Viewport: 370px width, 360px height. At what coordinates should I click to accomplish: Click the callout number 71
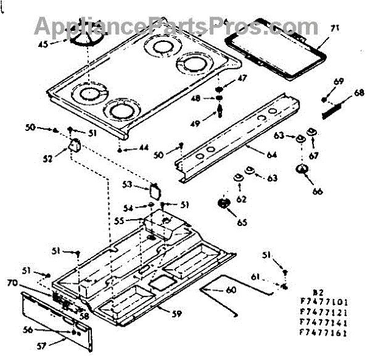(335, 28)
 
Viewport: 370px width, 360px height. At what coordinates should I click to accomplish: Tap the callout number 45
(43, 44)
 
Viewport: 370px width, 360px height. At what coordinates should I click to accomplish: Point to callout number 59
(176, 314)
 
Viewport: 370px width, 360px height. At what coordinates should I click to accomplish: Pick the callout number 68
(359, 93)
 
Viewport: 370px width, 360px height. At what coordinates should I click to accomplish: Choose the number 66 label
(318, 191)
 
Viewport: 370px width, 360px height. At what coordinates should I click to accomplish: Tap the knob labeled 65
(224, 203)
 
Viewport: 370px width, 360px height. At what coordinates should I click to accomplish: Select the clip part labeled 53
(155, 190)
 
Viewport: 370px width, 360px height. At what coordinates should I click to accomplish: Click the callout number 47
(242, 78)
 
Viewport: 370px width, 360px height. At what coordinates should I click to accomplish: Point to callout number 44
(143, 148)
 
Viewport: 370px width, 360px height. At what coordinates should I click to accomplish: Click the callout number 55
(136, 220)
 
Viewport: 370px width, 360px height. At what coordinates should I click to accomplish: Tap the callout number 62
(242, 198)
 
